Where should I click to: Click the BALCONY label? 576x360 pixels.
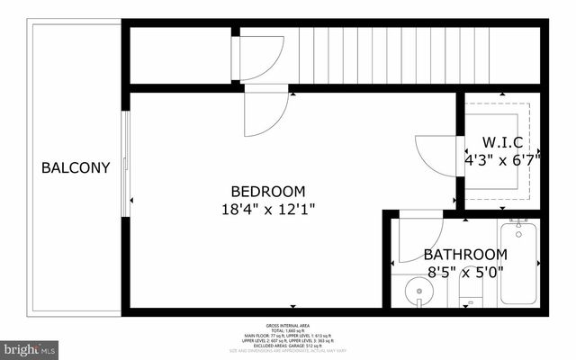(76, 167)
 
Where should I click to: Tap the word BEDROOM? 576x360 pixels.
(268, 192)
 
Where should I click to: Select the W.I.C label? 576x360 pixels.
(502, 142)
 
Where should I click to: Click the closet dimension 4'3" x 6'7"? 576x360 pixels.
(501, 159)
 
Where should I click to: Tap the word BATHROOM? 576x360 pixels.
(465, 255)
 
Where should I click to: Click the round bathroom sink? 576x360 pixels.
(417, 291)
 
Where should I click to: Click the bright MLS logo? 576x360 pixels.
(30, 347)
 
